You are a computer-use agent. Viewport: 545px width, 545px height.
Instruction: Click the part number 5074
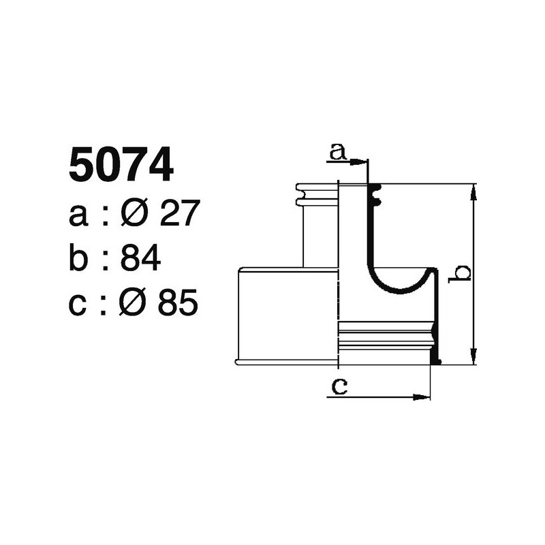(121, 167)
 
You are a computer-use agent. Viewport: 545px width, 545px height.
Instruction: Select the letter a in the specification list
(79, 216)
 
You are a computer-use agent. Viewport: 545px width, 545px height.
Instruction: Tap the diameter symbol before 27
(134, 214)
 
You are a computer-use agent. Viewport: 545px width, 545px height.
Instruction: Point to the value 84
(140, 258)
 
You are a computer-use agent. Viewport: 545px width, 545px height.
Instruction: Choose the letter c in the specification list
(79, 305)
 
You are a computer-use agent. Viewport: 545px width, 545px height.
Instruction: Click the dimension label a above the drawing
(337, 151)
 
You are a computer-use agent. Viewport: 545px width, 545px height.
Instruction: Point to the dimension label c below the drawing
(339, 387)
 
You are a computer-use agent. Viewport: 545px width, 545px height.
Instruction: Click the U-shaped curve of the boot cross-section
(399, 286)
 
